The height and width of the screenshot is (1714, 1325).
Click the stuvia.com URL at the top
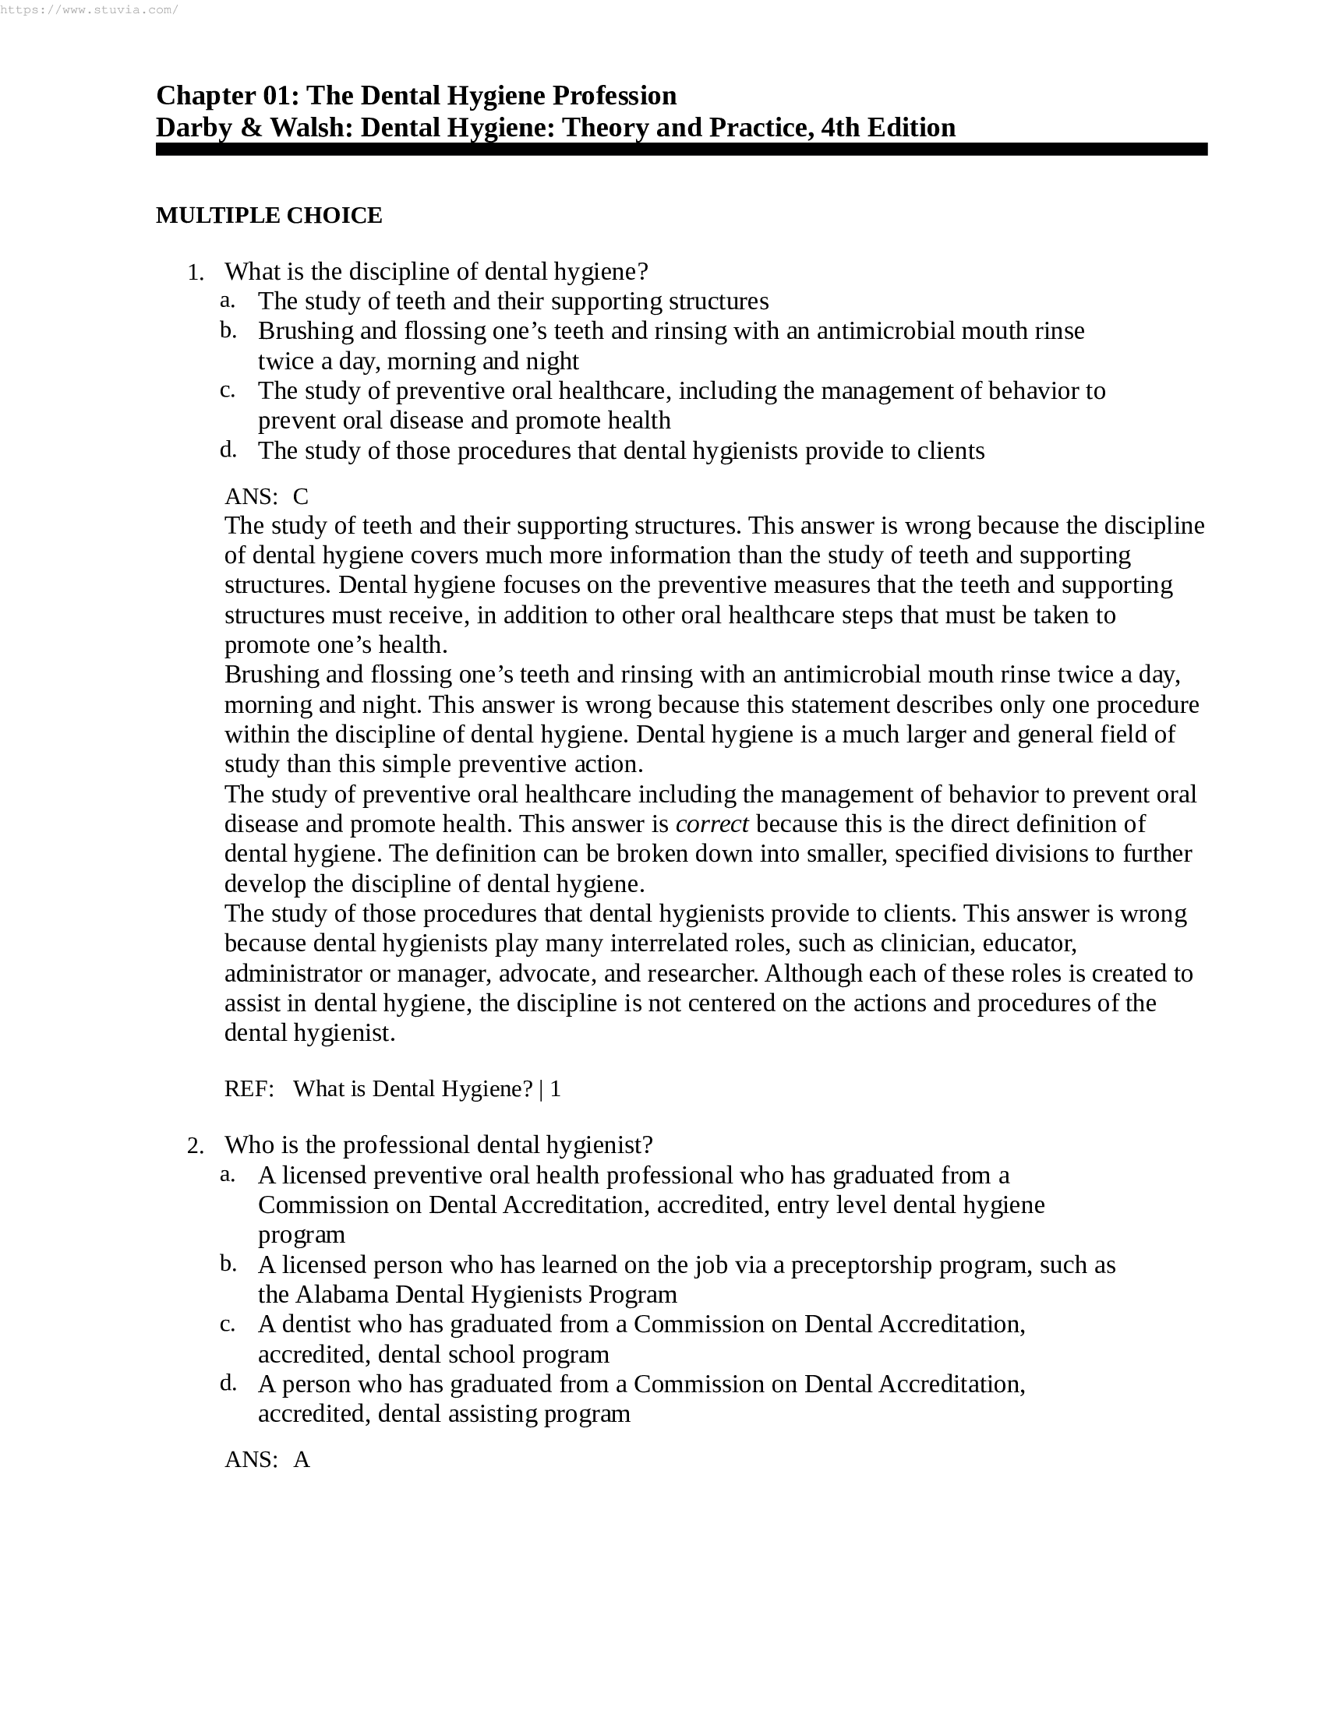90,10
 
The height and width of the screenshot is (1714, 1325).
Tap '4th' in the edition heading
840,127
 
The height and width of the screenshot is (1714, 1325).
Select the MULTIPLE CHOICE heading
269,215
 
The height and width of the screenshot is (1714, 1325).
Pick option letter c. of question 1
227,390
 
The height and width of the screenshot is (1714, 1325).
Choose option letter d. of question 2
227,1383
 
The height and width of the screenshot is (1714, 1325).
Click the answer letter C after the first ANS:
301,496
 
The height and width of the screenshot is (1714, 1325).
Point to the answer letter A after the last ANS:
302,1460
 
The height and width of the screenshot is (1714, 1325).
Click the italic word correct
712,824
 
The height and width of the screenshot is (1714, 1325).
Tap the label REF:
249,1088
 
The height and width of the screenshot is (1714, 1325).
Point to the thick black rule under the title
680,149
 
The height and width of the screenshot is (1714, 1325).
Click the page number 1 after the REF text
556,1088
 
